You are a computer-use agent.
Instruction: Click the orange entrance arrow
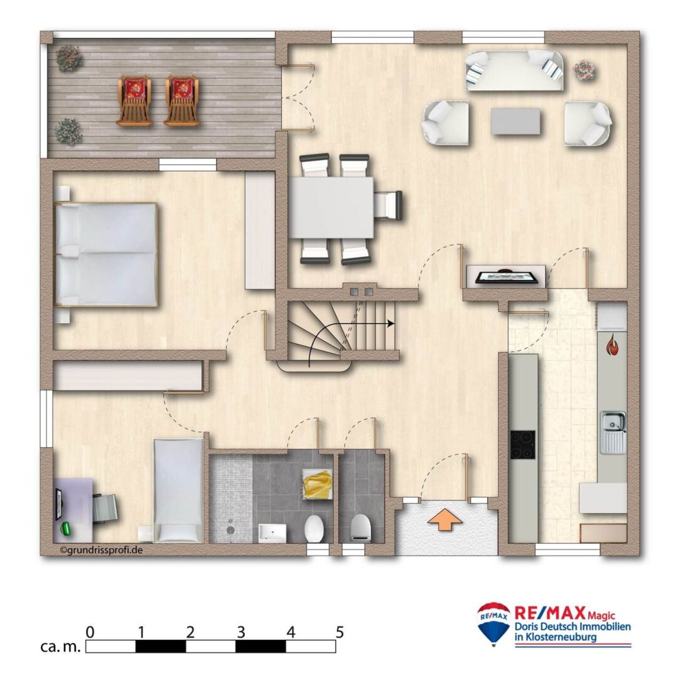click(445, 520)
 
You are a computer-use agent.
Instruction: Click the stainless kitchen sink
click(613, 432)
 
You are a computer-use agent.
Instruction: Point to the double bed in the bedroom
click(105, 254)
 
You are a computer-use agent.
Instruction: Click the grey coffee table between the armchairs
click(516, 121)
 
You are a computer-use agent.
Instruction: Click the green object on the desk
click(66, 528)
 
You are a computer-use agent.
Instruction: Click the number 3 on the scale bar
click(241, 632)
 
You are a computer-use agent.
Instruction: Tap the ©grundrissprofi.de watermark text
click(101, 549)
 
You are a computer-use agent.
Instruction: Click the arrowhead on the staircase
click(391, 323)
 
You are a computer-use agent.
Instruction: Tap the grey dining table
click(331, 207)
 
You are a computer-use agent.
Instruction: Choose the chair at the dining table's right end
click(388, 204)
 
